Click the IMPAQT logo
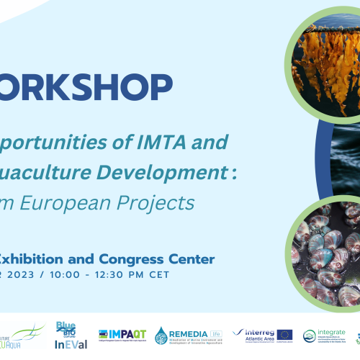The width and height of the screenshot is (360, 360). [x=122, y=335]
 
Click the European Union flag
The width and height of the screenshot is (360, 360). [x=284, y=335]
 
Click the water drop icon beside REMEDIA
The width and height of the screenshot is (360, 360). [x=161, y=336]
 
